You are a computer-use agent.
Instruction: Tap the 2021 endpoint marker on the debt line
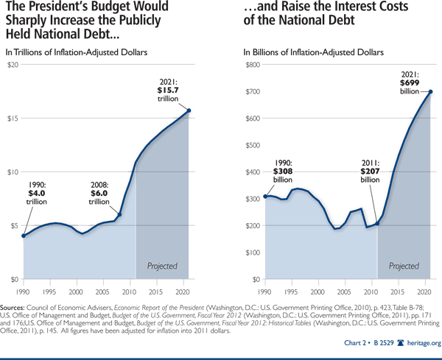tap(190, 110)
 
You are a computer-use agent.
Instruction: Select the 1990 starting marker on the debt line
tap(24, 236)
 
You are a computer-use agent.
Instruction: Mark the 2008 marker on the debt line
tap(121, 214)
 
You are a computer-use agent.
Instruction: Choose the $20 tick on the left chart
tap(13, 66)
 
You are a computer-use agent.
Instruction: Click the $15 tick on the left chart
tap(13, 119)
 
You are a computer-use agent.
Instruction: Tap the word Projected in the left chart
tap(163, 264)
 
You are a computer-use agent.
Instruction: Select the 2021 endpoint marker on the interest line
tap(432, 92)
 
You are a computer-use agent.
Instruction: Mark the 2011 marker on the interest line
tap(376, 224)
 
